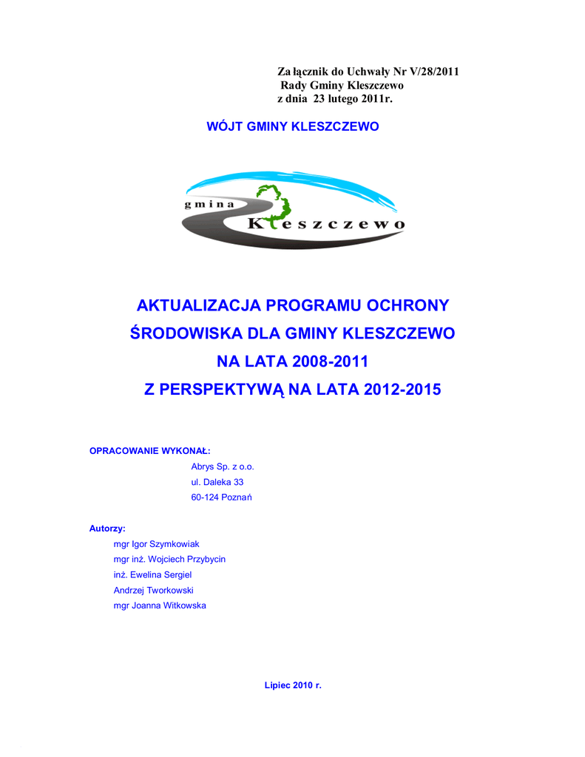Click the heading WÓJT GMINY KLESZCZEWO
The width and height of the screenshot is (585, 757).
pos(292,126)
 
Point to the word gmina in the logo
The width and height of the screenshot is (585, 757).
pos(209,205)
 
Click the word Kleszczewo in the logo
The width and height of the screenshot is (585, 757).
pos(326,223)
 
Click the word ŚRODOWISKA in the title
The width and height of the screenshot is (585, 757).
pos(186,333)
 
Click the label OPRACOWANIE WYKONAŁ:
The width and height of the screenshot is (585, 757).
pos(150,450)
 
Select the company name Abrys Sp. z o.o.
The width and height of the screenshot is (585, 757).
pos(223,466)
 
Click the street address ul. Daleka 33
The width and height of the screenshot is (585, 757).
pos(217,482)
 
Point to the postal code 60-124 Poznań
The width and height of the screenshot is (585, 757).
pos(222,498)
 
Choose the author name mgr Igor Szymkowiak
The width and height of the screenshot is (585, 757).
pos(156,544)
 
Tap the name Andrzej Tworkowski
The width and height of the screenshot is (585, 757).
pos(153,591)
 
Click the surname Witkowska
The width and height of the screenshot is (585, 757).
pos(185,606)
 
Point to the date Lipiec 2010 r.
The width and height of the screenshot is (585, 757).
pos(293,685)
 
